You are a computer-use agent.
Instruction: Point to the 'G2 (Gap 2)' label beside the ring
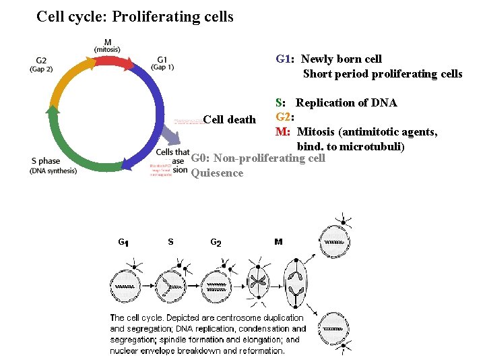[x=41, y=63]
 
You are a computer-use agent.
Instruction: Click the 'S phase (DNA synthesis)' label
[x=53, y=165]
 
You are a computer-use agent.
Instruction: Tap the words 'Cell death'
[x=229, y=120]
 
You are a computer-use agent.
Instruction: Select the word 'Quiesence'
[x=217, y=173]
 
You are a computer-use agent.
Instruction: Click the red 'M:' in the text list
[x=282, y=131]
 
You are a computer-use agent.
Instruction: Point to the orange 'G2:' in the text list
[x=284, y=117]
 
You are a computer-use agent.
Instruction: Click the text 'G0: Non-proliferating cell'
[x=258, y=158]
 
